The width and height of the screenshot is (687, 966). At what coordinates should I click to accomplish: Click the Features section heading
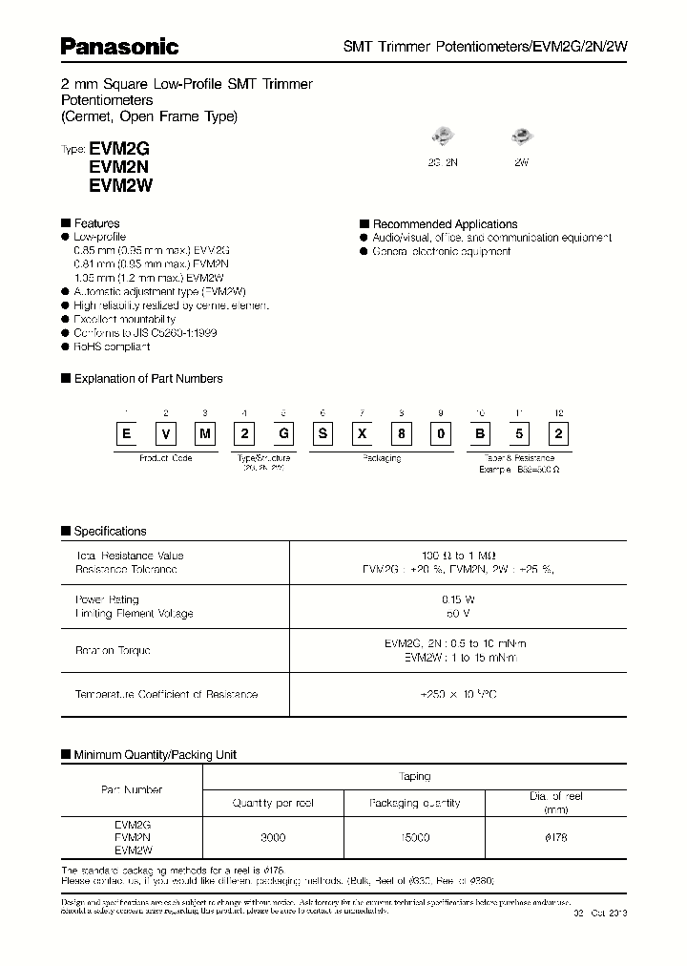pyautogui.click(x=95, y=223)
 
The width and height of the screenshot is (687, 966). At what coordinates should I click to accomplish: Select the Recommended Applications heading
pyautogui.click(x=444, y=224)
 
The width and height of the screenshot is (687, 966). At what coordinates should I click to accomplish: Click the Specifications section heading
pyautogui.click(x=110, y=531)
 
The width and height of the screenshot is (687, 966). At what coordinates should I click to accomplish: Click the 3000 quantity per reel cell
pyautogui.click(x=273, y=836)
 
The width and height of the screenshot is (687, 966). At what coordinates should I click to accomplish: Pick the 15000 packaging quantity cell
pyautogui.click(x=413, y=836)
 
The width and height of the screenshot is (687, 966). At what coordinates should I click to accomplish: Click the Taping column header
pyautogui.click(x=415, y=777)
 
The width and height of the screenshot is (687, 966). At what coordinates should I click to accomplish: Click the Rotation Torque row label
pyautogui.click(x=113, y=650)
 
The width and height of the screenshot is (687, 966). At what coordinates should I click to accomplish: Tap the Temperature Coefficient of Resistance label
pyautogui.click(x=166, y=694)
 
